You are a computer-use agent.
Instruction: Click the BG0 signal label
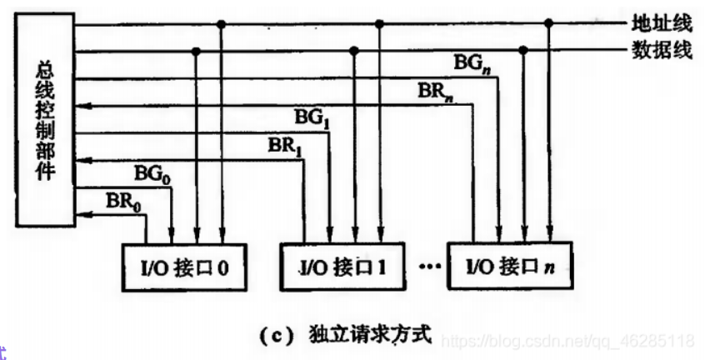click(152, 175)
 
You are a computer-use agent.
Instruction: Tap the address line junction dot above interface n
click(549, 25)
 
